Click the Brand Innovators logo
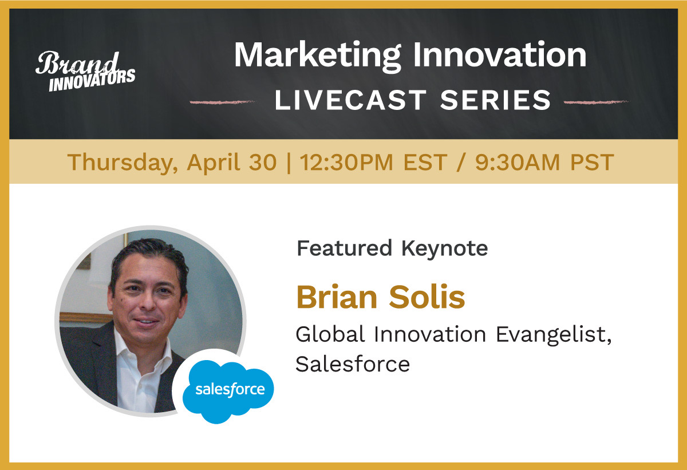tap(85, 71)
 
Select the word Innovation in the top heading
tap(500, 54)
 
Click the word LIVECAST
tap(350, 100)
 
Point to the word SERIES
tap(496, 100)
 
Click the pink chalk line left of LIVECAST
tap(222, 102)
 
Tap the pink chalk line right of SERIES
tap(597, 102)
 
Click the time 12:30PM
tap(346, 162)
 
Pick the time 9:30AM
tap(518, 162)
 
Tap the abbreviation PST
tap(592, 162)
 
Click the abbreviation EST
tap(425, 162)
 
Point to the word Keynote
tap(445, 249)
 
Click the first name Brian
tap(337, 297)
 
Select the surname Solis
tap(427, 297)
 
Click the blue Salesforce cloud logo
tap(228, 392)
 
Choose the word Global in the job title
tap(330, 334)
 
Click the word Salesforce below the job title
tap(353, 364)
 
